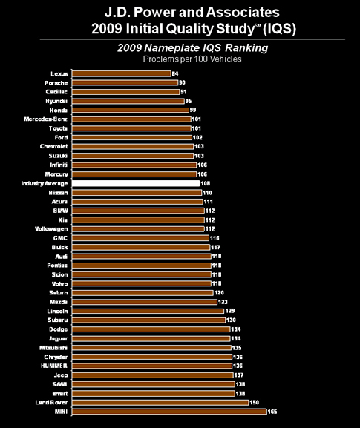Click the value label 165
[273, 411]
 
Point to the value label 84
[175, 73]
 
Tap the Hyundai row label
[58, 101]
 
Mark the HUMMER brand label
[56, 365]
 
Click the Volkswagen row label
[52, 228]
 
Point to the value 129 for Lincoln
[230, 310]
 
